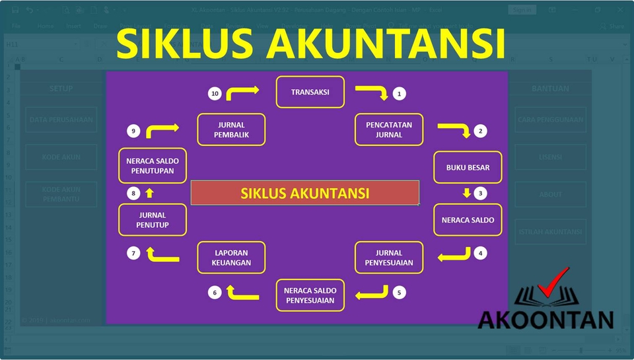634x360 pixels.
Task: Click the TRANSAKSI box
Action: click(310, 92)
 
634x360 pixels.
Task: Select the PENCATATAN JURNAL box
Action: click(388, 129)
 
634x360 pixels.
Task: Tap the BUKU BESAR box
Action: click(468, 167)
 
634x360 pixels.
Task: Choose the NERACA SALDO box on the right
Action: click(468, 220)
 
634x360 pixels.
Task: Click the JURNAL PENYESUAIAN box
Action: click(388, 258)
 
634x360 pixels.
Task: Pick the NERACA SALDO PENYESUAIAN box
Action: click(310, 295)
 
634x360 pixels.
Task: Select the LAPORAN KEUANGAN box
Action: click(231, 258)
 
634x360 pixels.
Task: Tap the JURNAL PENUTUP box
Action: click(153, 220)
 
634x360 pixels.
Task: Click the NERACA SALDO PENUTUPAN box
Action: click(153, 166)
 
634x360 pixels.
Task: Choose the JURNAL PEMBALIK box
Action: click(231, 129)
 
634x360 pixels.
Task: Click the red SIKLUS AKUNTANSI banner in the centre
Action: click(304, 193)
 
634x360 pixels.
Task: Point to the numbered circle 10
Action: click(215, 94)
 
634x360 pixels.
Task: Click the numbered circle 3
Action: click(481, 194)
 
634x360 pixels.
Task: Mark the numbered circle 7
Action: click(133, 252)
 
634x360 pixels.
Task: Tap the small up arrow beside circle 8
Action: click(149, 193)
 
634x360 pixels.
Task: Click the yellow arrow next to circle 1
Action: click(372, 92)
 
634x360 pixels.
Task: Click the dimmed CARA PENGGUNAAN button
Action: click(550, 120)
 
